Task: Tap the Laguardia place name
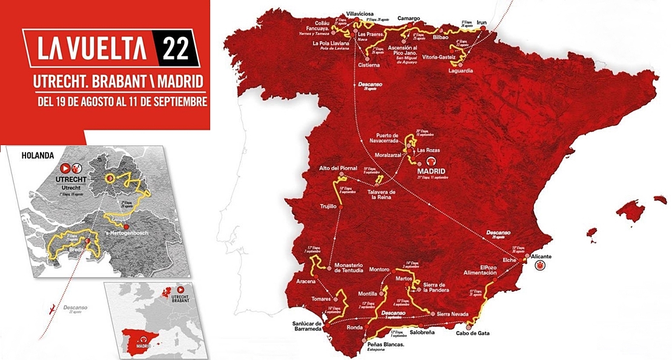click(461, 71)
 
